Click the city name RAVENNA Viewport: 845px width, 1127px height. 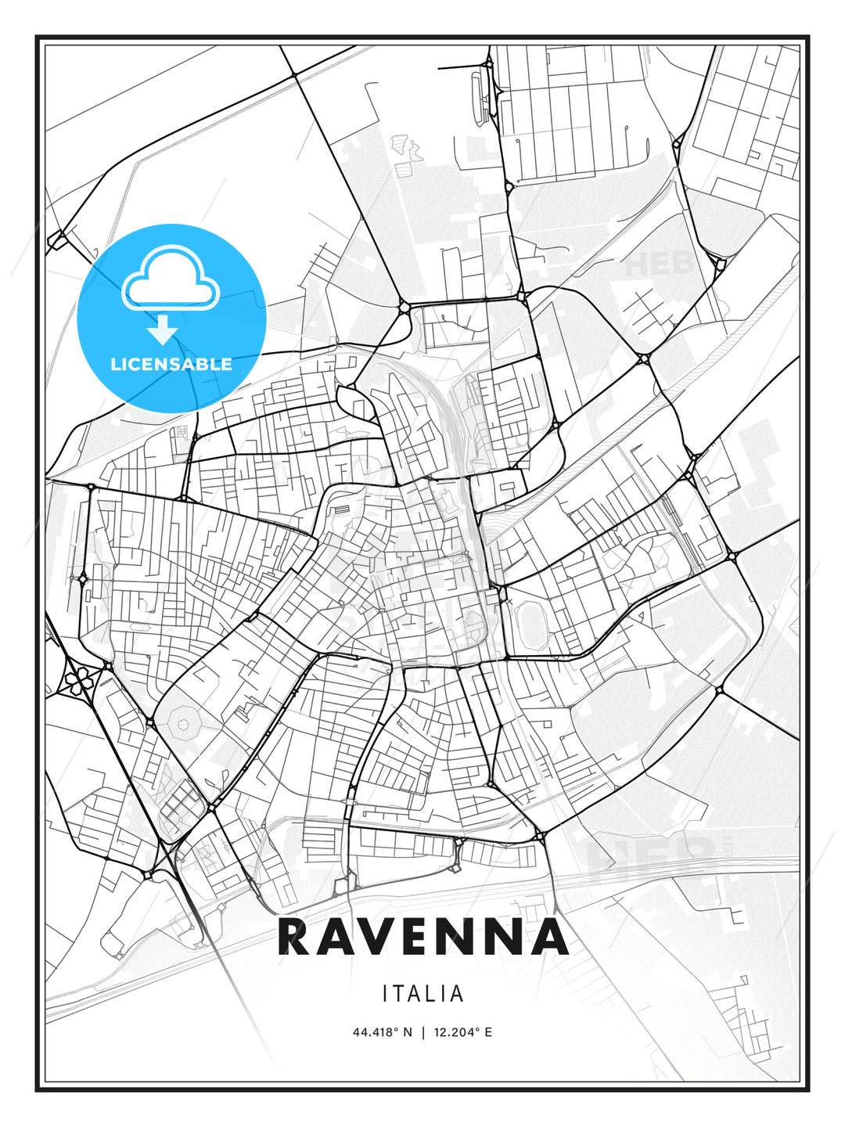point(422,938)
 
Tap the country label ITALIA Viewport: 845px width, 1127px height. point(422,994)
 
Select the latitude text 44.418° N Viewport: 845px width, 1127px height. point(382,1032)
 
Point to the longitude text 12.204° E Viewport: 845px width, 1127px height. point(462,1032)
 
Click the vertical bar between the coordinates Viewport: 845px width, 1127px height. point(422,1032)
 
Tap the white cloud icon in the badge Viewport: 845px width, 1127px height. point(171,279)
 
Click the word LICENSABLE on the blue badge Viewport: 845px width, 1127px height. point(171,364)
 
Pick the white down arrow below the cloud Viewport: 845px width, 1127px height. point(163,329)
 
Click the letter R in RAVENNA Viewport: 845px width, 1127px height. point(295,938)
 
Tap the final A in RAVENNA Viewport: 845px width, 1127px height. point(550,938)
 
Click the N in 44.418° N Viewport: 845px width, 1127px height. point(407,1032)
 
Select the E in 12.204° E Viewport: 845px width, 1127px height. point(488,1032)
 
